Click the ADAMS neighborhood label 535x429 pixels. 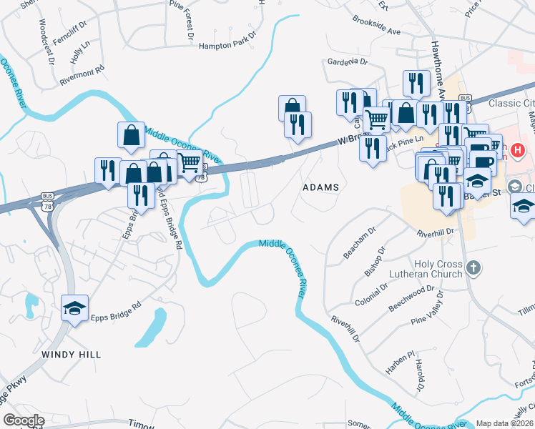pos(320,187)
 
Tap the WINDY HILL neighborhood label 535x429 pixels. pos(71,354)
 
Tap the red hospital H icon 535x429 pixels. pos(518,151)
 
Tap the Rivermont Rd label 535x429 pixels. pos(82,72)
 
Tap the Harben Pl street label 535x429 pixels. pos(401,364)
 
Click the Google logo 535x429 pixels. pos(23,420)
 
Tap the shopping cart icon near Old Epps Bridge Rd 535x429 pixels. pos(189,163)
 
